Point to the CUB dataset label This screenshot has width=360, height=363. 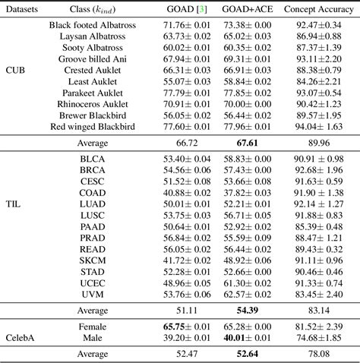point(15,69)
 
